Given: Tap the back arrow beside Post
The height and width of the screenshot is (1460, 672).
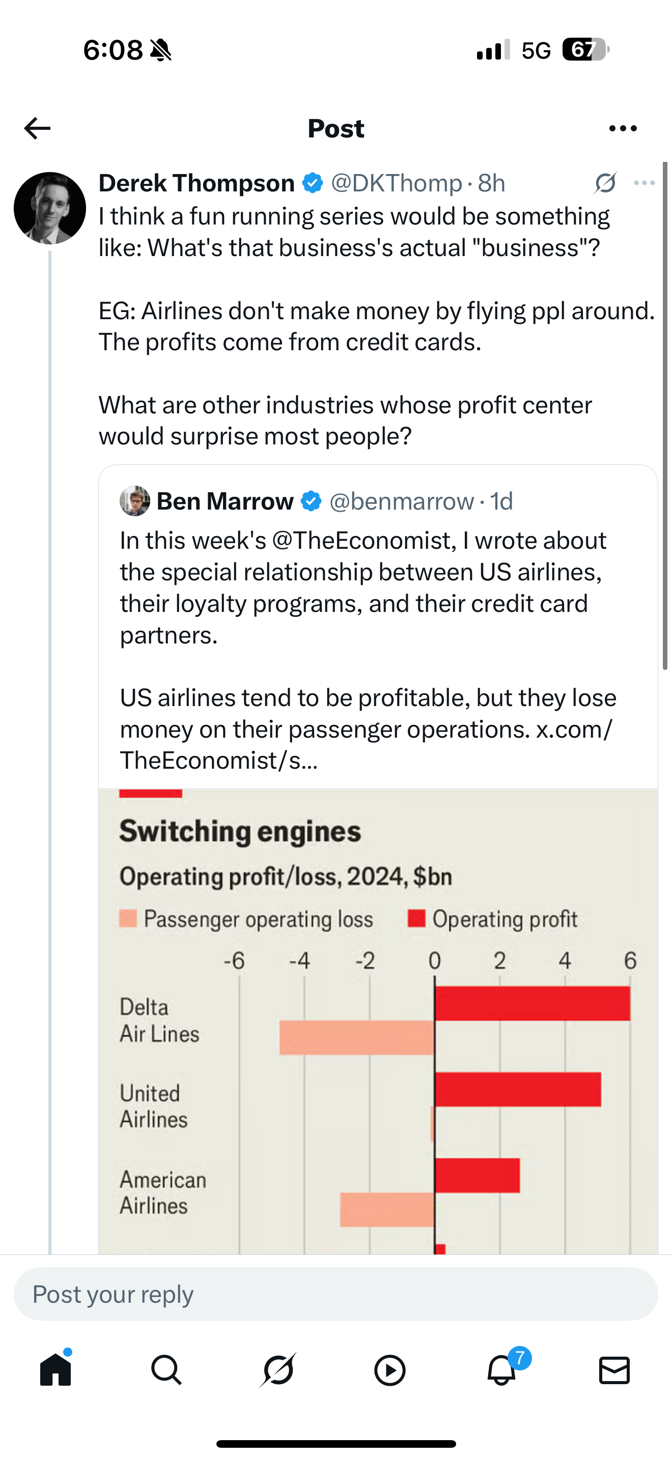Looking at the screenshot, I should (37, 129).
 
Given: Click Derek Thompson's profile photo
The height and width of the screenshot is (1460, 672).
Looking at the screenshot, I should (50, 208).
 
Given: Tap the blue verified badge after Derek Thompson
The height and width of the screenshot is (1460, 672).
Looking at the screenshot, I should (312, 183).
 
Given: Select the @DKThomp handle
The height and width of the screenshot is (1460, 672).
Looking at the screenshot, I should (396, 183).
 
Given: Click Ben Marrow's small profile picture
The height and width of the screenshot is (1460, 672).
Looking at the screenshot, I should (135, 501).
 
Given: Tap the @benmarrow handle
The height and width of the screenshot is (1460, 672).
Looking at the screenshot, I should (401, 501).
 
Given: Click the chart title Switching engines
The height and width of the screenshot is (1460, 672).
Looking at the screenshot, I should (240, 831).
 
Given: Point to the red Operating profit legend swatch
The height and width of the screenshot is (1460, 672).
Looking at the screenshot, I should (416, 918).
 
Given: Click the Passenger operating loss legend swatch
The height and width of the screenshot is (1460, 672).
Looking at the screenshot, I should (128, 918).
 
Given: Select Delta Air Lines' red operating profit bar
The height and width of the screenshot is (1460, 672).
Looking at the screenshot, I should (533, 1003).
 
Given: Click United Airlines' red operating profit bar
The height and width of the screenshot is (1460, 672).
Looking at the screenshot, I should (518, 1089).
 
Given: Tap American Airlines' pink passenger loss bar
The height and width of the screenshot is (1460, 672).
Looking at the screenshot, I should (387, 1210).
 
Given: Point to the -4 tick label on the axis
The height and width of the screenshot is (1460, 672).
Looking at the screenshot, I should (299, 961).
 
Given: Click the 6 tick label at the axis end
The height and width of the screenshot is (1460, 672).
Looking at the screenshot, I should (630, 961).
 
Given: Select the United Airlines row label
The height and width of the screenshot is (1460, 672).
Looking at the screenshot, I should (153, 1106).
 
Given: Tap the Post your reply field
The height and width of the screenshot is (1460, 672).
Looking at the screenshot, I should (335, 1294).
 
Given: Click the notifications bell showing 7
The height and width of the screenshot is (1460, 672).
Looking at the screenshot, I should (502, 1370).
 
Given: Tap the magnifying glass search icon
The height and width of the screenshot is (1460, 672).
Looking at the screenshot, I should (166, 1370).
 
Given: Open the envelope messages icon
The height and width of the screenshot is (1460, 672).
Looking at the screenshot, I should (614, 1370).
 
